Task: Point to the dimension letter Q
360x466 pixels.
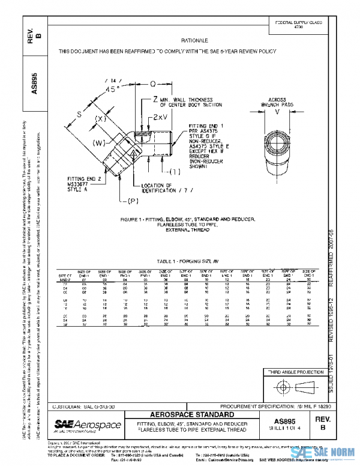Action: pyautogui.click(x=153, y=85)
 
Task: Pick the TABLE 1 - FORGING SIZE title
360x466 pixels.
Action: pyautogui.click(x=180, y=262)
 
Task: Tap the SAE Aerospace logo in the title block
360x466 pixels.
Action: pyautogui.click(x=88, y=426)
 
